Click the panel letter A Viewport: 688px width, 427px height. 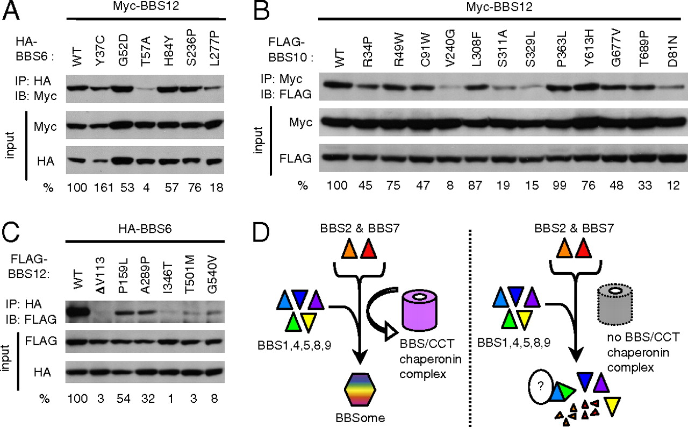11,10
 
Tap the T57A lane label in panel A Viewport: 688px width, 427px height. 146,51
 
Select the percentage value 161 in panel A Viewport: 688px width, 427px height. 104,187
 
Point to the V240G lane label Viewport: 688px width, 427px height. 450,48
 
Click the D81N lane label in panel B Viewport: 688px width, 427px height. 672,51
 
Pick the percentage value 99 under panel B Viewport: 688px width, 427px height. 560,185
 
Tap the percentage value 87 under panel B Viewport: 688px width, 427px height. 475,185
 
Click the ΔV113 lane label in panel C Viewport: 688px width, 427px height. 101,275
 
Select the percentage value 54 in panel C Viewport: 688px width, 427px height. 124,398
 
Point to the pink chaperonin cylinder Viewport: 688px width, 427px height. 420,311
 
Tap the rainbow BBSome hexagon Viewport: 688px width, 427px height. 360,389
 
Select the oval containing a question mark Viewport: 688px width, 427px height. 541,387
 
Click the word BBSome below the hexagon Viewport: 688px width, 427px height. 360,418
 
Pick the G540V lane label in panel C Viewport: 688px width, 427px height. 212,275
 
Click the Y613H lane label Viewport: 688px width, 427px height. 589,48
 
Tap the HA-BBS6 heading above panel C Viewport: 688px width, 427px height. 145,229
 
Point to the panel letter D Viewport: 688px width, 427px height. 261,232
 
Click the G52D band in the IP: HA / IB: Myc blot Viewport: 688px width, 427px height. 123,89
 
